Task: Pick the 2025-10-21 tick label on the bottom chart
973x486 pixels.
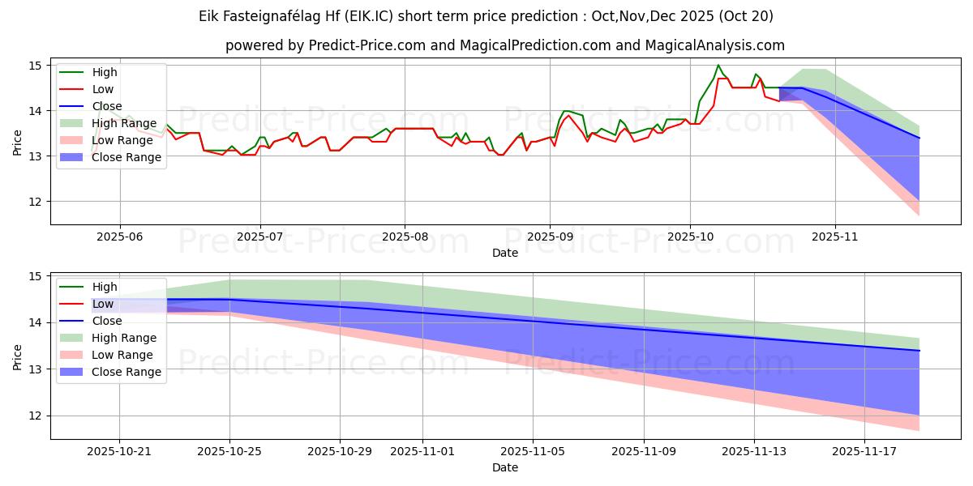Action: [119, 450]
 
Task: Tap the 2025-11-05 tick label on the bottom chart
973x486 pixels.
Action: [533, 450]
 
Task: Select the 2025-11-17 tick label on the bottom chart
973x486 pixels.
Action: [864, 450]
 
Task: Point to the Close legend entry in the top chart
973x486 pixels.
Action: [107, 106]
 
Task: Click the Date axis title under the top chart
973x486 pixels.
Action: [505, 253]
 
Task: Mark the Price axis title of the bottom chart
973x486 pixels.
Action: [18, 356]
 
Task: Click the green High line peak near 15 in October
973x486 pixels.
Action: [718, 65]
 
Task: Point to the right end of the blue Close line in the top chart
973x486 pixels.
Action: [919, 138]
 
